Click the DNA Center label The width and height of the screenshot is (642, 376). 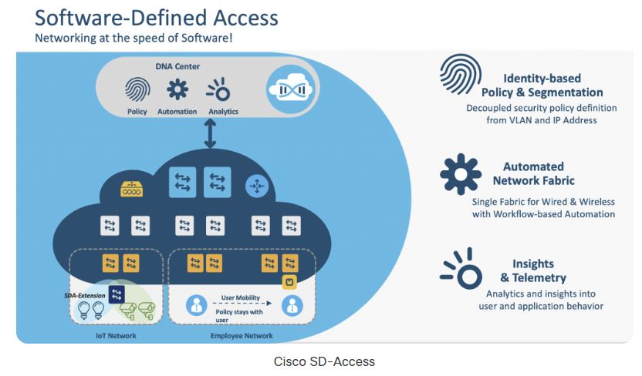click(x=177, y=66)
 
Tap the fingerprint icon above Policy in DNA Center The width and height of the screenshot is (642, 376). click(x=137, y=89)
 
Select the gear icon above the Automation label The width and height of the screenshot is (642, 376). click(x=177, y=89)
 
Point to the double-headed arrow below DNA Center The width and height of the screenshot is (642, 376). click(x=210, y=133)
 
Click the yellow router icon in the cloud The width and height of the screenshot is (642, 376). click(x=131, y=189)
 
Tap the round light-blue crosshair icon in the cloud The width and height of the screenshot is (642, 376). click(x=257, y=186)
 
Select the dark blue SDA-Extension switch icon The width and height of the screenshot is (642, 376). click(x=117, y=294)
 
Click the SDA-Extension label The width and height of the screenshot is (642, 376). click(x=85, y=296)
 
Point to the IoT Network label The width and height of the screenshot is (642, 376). click(x=116, y=335)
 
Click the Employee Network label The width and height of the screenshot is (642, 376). click(x=242, y=335)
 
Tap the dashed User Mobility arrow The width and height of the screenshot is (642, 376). click(x=242, y=304)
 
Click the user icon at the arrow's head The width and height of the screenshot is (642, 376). click(x=292, y=305)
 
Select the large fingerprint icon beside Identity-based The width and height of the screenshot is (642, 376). click(x=461, y=74)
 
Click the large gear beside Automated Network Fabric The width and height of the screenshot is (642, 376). click(x=461, y=174)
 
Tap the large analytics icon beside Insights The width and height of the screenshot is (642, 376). click(x=461, y=268)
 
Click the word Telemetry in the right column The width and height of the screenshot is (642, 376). click(x=539, y=278)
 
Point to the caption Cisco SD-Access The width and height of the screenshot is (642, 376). click(x=324, y=361)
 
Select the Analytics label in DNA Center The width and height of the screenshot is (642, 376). click(x=223, y=112)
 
